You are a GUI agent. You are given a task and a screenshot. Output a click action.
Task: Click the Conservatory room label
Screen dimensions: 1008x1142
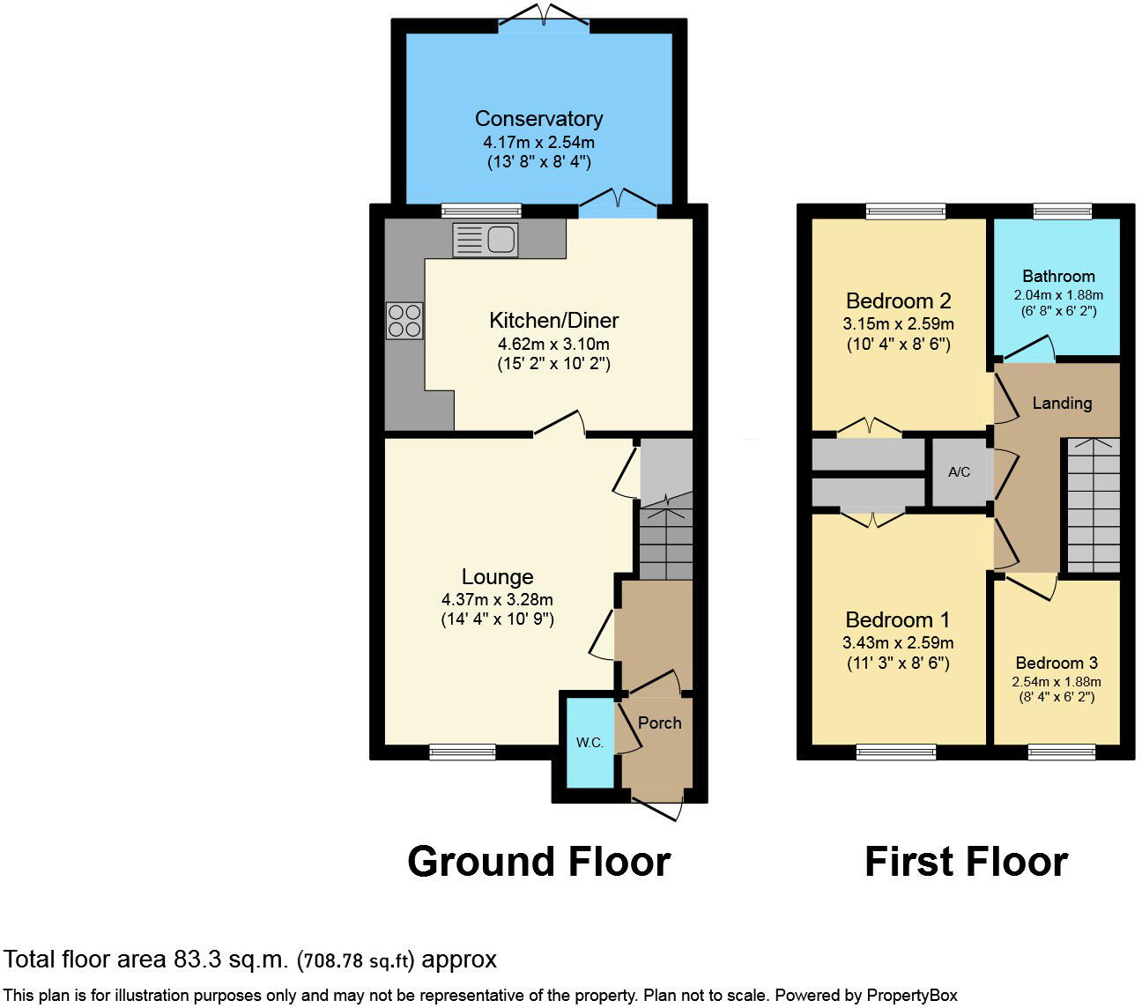[538, 119]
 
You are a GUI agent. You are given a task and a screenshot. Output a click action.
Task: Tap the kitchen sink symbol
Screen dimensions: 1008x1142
[486, 240]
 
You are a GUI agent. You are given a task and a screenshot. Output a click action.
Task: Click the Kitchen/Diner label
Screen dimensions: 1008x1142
[553, 321]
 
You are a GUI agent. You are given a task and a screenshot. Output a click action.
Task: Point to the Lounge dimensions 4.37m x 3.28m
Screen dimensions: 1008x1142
[497, 600]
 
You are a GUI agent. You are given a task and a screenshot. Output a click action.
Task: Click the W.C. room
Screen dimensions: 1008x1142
[590, 743]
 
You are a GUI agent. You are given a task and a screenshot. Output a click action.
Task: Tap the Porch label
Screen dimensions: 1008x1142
[659, 723]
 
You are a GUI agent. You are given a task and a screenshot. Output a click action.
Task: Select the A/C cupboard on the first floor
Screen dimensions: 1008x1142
[959, 472]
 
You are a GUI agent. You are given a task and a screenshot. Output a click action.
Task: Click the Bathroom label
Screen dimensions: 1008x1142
[1058, 277]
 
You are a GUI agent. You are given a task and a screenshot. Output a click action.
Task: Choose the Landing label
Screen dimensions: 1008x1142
[1062, 404]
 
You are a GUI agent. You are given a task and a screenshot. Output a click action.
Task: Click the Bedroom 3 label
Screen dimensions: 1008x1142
[1057, 663]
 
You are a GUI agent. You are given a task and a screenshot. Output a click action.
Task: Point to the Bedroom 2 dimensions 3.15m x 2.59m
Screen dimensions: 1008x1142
[898, 324]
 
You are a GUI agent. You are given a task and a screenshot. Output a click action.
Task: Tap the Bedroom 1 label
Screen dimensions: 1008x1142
[897, 620]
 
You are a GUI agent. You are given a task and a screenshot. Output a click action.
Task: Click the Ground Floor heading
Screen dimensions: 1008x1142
[538, 862]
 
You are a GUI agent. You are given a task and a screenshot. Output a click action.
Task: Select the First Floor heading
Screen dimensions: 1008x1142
[966, 862]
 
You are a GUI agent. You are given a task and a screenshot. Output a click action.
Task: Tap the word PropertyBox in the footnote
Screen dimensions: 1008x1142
[912, 996]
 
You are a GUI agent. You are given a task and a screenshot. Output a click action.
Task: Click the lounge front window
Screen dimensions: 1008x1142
[463, 752]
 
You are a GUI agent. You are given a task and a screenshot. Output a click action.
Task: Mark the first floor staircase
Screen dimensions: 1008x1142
[1094, 506]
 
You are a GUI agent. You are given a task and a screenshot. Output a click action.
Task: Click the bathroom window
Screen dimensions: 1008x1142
[1062, 211]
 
